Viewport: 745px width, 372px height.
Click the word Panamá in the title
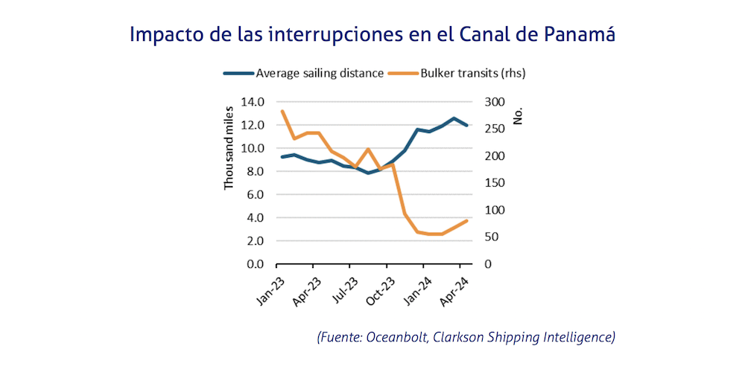576,35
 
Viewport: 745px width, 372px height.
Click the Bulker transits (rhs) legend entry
474,73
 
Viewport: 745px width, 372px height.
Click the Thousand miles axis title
230,148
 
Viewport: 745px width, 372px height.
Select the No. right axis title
519,115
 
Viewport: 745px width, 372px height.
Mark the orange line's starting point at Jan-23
282,112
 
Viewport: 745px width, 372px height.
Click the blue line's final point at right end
467,126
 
